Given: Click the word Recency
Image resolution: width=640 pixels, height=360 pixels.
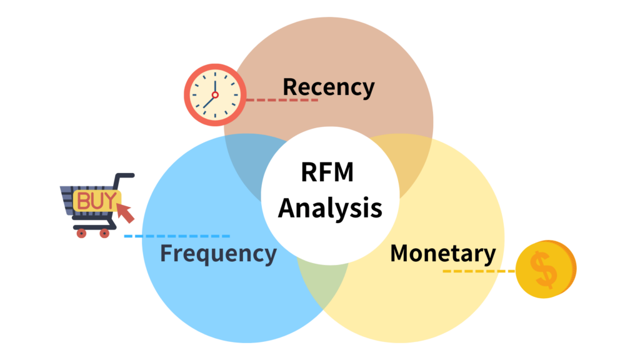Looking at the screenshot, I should tap(328, 87).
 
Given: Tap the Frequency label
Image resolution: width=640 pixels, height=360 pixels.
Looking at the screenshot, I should tap(217, 254).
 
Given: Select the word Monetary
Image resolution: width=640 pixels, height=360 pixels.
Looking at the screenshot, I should tap(442, 254).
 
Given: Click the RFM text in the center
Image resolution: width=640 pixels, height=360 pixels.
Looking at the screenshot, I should tap(327, 172).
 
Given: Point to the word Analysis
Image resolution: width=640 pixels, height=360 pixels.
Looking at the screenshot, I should tap(330, 207).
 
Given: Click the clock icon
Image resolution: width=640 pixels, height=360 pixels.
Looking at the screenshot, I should tap(214, 95).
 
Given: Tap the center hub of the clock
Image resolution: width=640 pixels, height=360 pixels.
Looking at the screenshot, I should tap(214, 95).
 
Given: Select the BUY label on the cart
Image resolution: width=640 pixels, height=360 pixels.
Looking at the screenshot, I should tap(95, 201).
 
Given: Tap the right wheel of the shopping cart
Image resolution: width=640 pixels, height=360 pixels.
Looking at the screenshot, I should tap(104, 233).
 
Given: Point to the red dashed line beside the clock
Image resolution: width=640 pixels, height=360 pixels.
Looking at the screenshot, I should tap(281, 99).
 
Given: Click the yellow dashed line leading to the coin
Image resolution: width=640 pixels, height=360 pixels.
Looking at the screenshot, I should tap(478, 271).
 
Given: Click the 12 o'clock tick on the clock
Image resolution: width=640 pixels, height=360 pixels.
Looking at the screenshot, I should tap(214, 73).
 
